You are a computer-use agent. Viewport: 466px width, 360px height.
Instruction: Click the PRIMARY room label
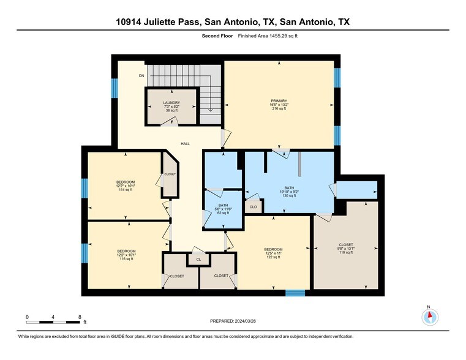pos(279,101)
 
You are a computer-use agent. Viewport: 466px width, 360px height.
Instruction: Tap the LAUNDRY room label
pos(171,103)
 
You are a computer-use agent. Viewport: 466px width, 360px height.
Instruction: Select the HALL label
pos(185,144)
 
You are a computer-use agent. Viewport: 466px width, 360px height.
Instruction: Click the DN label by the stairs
pos(141,76)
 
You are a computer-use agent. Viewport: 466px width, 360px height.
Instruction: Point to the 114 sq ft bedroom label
pos(126,182)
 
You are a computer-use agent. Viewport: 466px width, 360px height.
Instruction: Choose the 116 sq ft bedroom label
pos(127,251)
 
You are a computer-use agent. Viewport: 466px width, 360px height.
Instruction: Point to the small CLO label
pos(253,208)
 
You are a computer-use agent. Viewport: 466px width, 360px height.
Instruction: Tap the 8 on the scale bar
pos(80,317)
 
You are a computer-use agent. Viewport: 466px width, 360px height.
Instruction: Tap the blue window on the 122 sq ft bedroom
pos(295,293)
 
